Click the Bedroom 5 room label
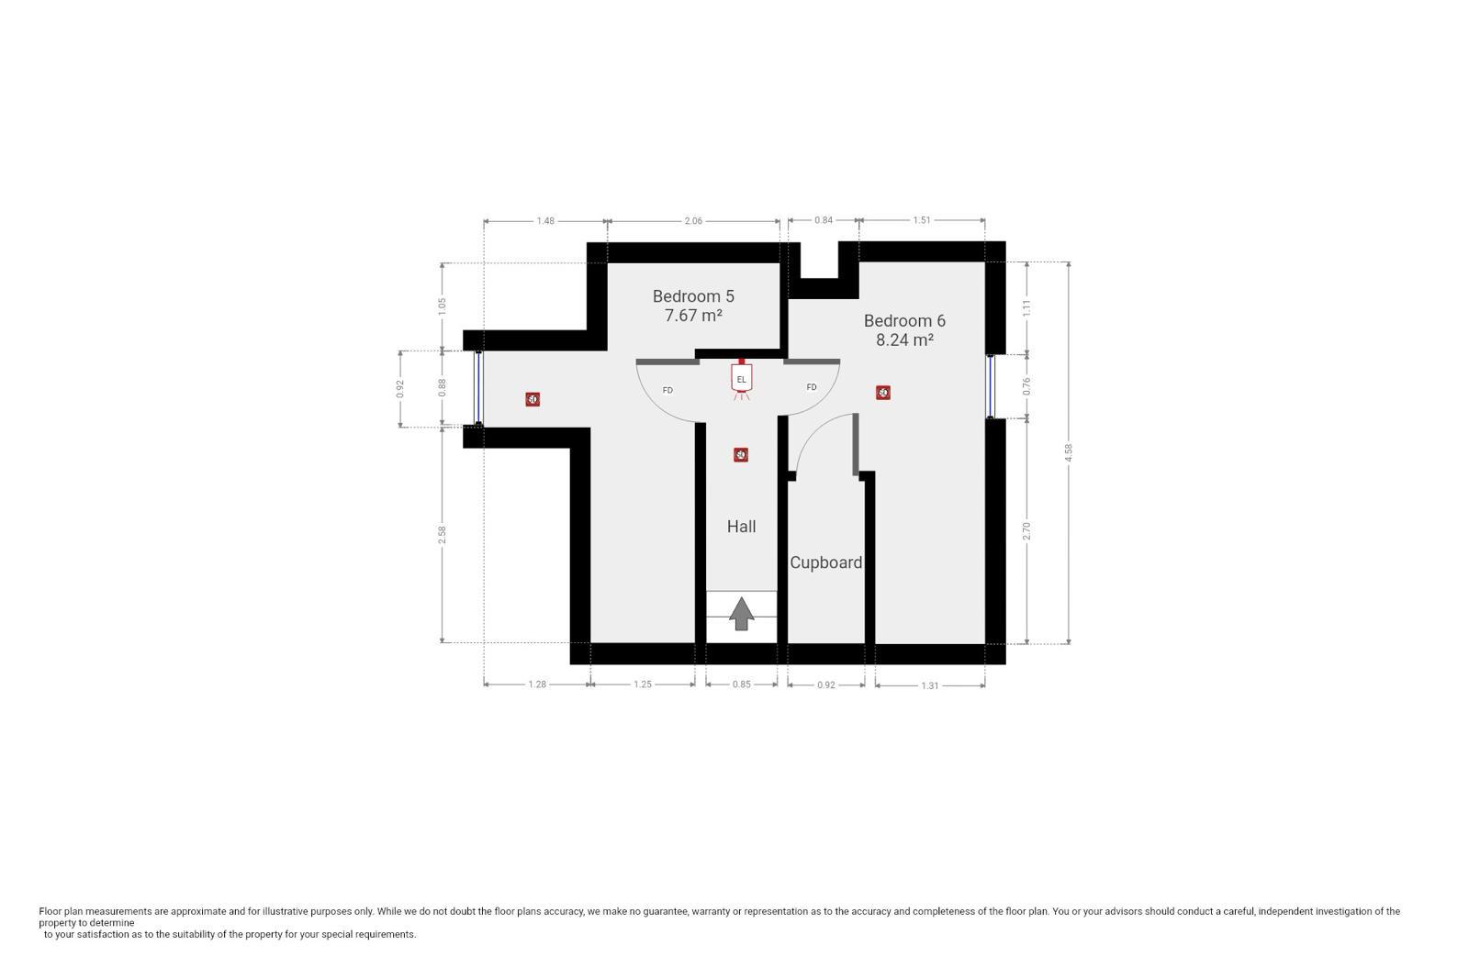[x=693, y=296]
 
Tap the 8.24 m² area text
[x=904, y=339]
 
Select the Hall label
[x=741, y=527]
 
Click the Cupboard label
[x=825, y=562]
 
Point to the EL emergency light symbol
[x=741, y=380]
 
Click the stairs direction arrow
[x=741, y=613]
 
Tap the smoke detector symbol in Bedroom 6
[x=883, y=393]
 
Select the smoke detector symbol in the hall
[x=741, y=455]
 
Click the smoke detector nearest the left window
[x=533, y=399]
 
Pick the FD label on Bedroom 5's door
[x=667, y=391]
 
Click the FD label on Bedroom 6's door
[x=812, y=387]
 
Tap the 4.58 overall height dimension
[x=1069, y=452]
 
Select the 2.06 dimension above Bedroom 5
[x=693, y=221]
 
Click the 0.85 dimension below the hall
[x=742, y=684]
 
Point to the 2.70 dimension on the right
[x=1027, y=530]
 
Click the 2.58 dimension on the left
[x=443, y=533]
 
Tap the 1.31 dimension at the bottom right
[x=930, y=685]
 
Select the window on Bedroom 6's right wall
[x=992, y=385]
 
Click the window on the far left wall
[x=478, y=388]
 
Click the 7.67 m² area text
[x=693, y=316]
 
